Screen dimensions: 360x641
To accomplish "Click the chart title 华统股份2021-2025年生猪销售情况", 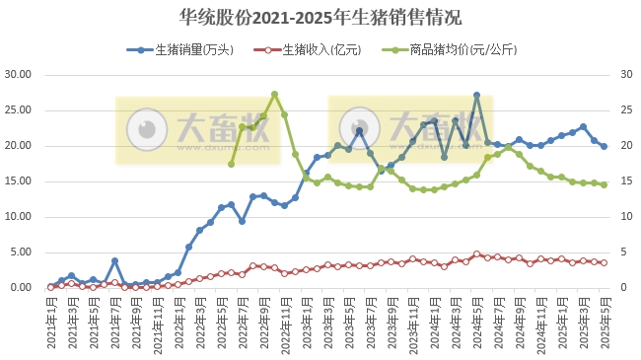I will [x=320, y=18].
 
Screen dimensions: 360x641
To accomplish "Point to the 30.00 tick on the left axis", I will [x=20, y=75].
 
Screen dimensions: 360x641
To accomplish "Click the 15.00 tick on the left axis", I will [x=20, y=181].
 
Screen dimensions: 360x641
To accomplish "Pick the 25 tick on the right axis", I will [x=624, y=110].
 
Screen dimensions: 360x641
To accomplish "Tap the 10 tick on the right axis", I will [x=624, y=217].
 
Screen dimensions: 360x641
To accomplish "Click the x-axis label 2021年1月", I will [x=51, y=321].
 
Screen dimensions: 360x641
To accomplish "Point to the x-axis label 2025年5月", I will [x=605, y=321].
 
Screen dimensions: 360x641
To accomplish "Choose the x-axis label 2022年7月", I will [x=243, y=321].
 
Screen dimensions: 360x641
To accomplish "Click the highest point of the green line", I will [x=274, y=95].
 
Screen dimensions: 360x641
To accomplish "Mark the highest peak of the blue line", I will [x=476, y=96].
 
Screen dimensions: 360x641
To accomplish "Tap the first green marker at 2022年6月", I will [x=232, y=164].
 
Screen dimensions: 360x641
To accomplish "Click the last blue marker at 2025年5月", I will [x=604, y=146].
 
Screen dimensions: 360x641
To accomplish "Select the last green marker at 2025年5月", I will [x=604, y=184].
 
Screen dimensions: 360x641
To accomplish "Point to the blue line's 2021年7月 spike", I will [x=114, y=261].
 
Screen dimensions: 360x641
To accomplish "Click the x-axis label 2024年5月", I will [x=476, y=321].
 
